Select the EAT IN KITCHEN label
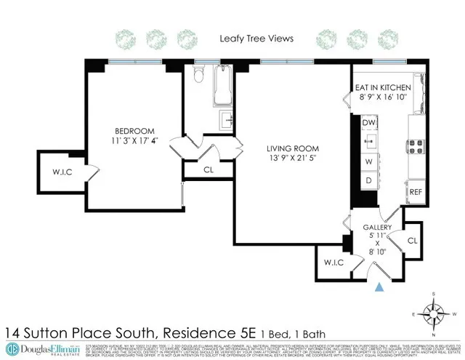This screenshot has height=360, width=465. point(383,87)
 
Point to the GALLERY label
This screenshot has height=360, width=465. point(378,228)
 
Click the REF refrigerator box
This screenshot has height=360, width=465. point(416,191)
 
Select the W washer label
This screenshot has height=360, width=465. point(368,161)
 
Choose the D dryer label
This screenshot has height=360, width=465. point(368,180)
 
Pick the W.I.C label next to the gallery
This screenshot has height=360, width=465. point(333,263)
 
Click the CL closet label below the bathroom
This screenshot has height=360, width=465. point(209,169)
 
